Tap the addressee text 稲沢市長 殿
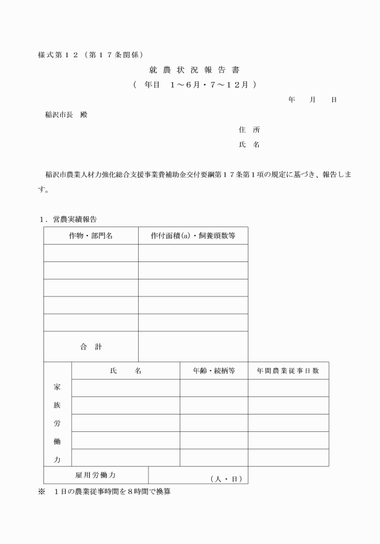66,114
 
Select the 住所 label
249,130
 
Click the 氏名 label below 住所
249,145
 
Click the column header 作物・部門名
90,236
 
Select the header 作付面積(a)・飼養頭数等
192,236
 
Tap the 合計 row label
90,346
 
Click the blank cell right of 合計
193,346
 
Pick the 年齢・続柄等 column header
214,370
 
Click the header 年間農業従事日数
288,370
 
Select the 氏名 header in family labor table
125,370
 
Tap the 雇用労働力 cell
95,475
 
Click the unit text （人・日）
226,479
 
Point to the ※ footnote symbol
42,492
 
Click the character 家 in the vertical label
57,387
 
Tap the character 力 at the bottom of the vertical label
57,459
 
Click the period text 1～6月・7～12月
210,85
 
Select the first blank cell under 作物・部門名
90,253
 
